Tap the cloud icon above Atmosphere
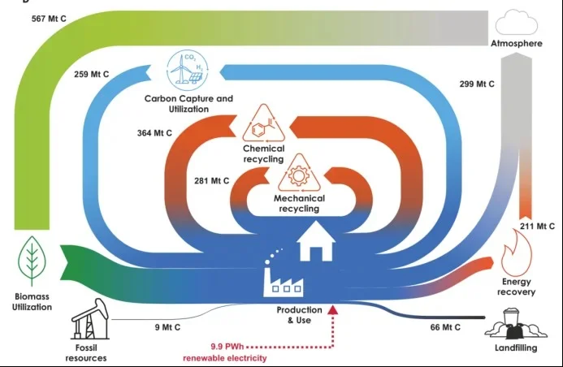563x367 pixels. [x=516, y=19]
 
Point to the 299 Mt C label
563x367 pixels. [x=477, y=84]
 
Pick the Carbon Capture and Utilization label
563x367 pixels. [x=188, y=104]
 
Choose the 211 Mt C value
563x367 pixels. [x=537, y=226]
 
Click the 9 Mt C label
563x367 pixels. [x=168, y=328]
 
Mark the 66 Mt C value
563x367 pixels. [x=445, y=327]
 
